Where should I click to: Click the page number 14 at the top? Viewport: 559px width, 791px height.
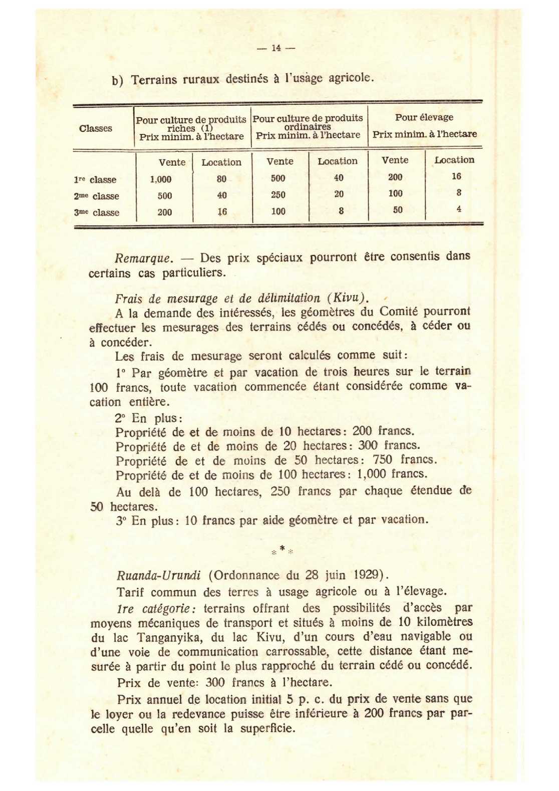(276, 48)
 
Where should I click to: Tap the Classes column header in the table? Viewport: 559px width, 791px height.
(95, 128)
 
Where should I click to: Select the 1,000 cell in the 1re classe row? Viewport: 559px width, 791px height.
(161, 179)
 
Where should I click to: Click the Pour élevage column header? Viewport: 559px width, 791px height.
(424, 117)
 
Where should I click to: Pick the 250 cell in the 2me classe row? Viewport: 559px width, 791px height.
(278, 195)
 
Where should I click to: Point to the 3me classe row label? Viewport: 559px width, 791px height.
(97, 212)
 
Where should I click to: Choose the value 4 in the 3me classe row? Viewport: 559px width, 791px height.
(458, 209)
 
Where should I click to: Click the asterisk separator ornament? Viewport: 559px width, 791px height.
(282, 550)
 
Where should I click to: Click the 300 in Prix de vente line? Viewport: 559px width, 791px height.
(215, 682)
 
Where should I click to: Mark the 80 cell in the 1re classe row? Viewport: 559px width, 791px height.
(221, 179)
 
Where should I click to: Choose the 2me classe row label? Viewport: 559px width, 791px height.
(97, 196)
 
